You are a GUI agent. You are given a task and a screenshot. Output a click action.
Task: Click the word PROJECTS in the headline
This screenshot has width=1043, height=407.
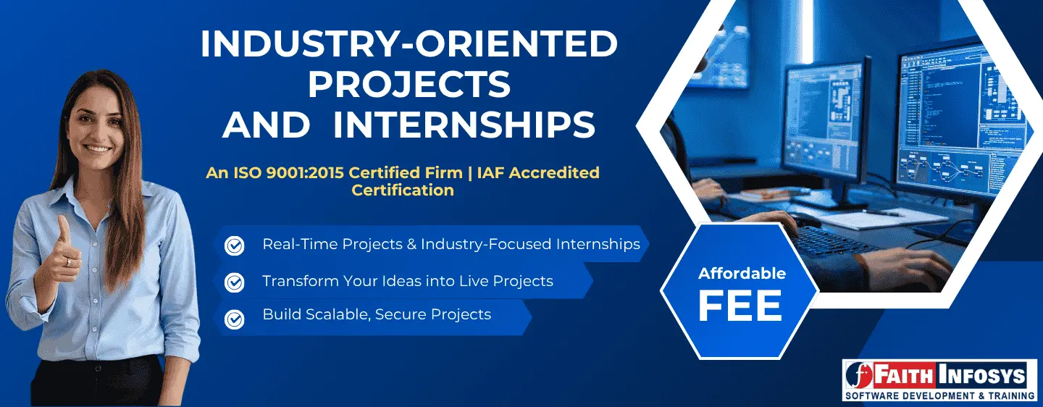(409, 85)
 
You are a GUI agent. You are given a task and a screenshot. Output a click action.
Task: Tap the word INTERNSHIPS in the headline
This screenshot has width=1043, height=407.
(464, 125)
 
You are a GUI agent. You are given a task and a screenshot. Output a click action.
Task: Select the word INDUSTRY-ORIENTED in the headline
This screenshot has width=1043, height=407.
(409, 45)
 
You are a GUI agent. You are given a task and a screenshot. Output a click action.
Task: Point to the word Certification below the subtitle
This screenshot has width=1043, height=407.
(403, 190)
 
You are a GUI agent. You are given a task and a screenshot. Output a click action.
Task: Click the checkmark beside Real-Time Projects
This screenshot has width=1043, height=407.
(235, 246)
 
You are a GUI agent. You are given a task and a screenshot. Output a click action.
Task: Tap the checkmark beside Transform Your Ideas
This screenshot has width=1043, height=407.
(235, 282)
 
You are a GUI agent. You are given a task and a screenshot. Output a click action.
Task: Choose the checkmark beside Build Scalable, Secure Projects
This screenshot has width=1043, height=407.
(235, 318)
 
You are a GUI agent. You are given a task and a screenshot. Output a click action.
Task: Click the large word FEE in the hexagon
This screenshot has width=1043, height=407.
(740, 306)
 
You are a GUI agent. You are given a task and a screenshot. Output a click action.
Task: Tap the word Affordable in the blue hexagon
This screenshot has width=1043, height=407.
(742, 274)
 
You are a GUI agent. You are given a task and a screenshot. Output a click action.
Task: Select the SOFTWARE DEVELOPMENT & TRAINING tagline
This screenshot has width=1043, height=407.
(939, 395)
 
